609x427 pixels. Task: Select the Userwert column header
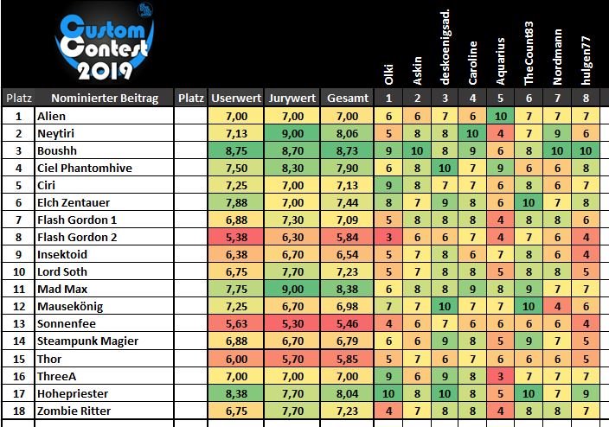[236, 99]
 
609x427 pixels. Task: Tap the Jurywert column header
[292, 99]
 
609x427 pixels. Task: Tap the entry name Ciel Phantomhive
[83, 167]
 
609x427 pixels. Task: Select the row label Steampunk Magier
[87, 341]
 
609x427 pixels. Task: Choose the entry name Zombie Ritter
[76, 410]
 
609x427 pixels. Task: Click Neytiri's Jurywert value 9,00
[292, 132]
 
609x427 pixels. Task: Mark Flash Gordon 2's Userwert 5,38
[236, 236]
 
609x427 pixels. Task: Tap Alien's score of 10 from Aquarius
[501, 115]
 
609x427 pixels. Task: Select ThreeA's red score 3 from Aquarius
[501, 375]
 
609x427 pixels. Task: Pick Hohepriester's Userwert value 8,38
[236, 392]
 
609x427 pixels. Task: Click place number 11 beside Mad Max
[17, 289]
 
